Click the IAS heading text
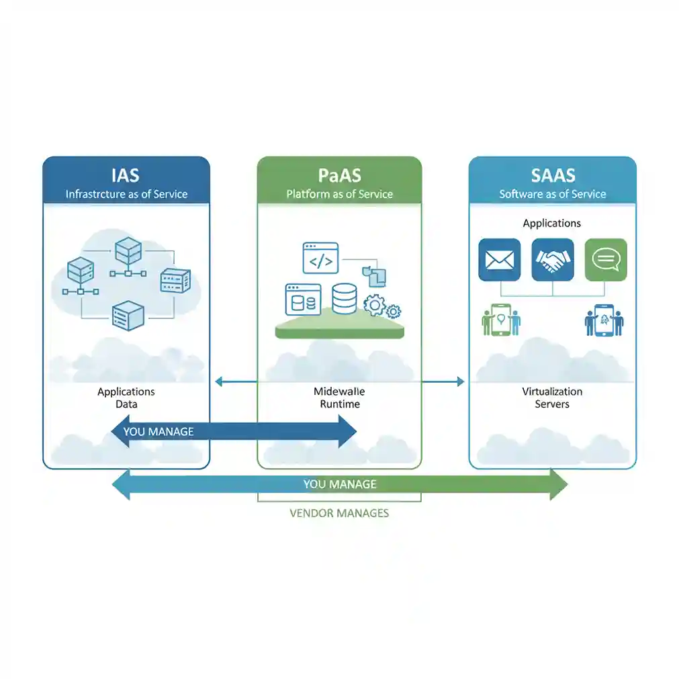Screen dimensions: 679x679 click(x=126, y=175)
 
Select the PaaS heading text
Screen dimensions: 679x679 click(x=339, y=175)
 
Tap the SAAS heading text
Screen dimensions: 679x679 click(x=553, y=175)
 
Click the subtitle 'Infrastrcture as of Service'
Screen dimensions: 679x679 click(x=126, y=194)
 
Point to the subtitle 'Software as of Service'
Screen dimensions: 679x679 click(x=553, y=194)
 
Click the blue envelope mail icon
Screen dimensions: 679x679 click(x=499, y=259)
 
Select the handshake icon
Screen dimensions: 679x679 click(x=552, y=259)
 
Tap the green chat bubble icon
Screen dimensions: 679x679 click(x=606, y=259)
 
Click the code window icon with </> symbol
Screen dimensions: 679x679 click(x=320, y=258)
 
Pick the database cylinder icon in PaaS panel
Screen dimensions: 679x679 click(x=344, y=298)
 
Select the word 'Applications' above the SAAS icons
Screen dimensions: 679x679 click(x=552, y=223)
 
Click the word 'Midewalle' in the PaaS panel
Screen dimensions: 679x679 click(x=339, y=392)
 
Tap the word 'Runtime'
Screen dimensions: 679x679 click(x=339, y=404)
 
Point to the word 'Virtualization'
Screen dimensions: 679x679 click(x=552, y=392)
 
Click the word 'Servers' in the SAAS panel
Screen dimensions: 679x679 click(x=552, y=404)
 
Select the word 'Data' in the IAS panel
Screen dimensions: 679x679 click(x=126, y=404)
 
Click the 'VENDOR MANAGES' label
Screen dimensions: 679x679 click(x=339, y=513)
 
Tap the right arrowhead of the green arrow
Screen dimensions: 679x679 click(x=559, y=484)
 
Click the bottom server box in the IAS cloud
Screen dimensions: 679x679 click(x=128, y=314)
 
